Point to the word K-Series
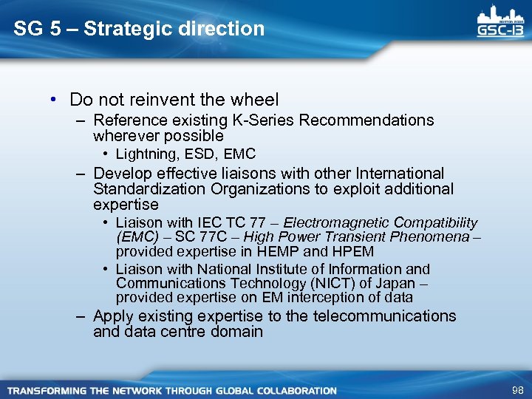coord(268,120)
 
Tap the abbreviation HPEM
coord(349,251)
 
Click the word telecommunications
coord(384,316)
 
